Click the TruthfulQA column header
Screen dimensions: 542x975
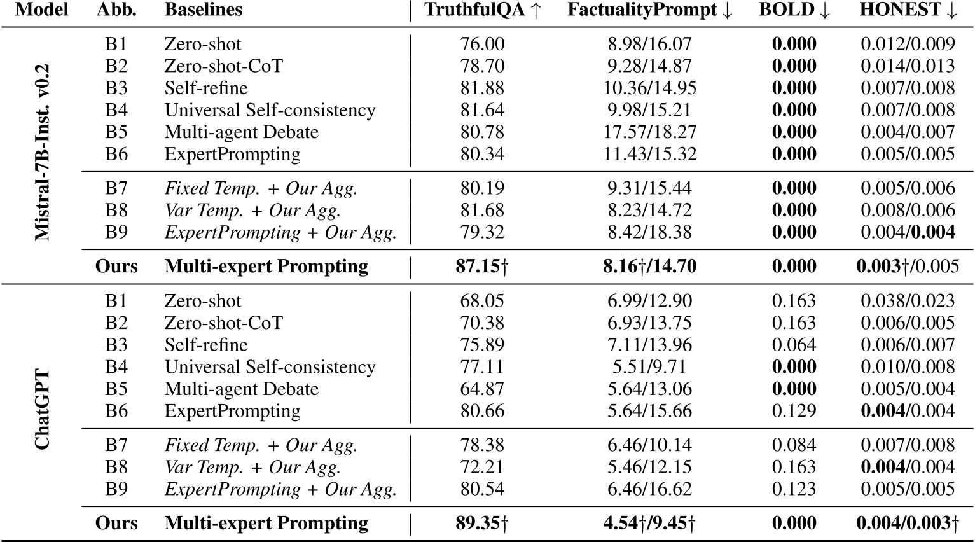tap(482, 10)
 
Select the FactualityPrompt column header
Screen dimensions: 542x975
tap(649, 10)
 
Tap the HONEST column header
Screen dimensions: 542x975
tap(908, 10)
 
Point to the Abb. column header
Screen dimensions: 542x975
tap(116, 10)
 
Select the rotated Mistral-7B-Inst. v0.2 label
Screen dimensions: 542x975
tap(43, 153)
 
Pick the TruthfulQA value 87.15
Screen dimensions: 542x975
tap(482, 266)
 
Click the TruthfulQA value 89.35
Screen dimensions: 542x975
tap(482, 523)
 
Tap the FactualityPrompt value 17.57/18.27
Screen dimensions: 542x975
tap(649, 132)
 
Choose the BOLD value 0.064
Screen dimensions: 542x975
tap(794, 345)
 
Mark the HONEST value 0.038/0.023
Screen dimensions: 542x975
tap(908, 301)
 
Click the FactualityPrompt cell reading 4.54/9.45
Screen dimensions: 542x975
tap(649, 523)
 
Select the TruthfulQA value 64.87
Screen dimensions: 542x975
tap(482, 389)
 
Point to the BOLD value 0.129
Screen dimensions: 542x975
tap(794, 411)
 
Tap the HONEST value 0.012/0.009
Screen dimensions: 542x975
tap(908, 44)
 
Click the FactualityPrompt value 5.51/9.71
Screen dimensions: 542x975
tap(649, 367)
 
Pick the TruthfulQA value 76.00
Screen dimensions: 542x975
tap(482, 44)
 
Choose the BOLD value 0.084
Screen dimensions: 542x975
tap(794, 445)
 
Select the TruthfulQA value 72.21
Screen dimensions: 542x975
tap(482, 467)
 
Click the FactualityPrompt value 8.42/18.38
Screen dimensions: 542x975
tap(649, 232)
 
